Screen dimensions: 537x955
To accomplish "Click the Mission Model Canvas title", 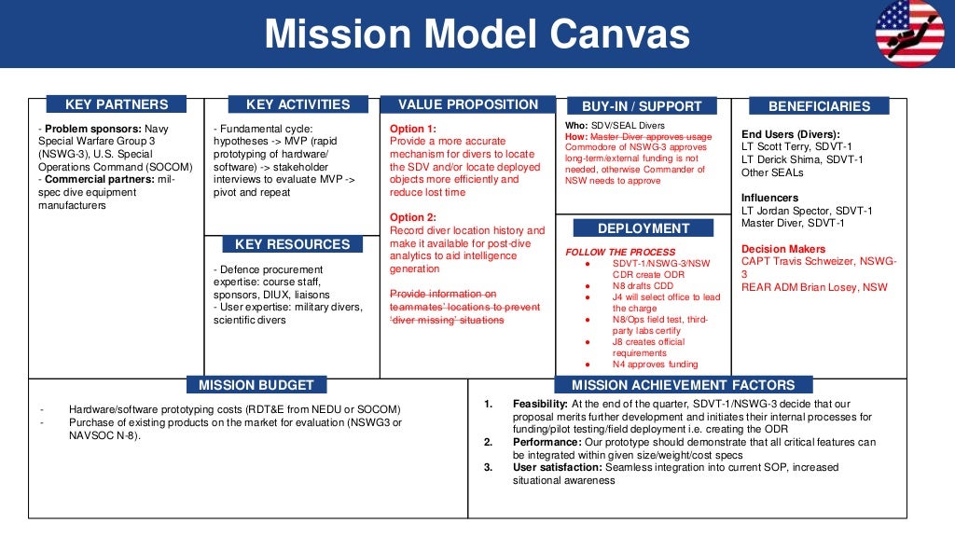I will tap(477, 35).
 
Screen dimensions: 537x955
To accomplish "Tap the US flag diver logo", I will tap(909, 34).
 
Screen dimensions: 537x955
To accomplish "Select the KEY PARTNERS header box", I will tap(117, 104).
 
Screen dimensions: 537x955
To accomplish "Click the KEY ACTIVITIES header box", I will tap(298, 104).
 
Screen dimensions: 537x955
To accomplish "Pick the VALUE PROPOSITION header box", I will tap(468, 104).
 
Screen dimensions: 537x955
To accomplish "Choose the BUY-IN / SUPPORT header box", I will tap(642, 106).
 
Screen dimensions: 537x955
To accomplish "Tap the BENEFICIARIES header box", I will tap(819, 106).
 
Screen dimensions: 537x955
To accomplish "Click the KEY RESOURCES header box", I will tap(292, 244).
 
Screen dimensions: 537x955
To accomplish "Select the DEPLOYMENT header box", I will tap(644, 228).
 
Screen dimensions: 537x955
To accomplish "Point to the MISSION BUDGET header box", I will tap(256, 384).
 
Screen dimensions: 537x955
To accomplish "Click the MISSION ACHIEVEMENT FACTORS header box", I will tap(683, 384).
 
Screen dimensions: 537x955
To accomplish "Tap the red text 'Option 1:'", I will tap(413, 129).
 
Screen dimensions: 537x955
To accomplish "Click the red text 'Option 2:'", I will tap(413, 217).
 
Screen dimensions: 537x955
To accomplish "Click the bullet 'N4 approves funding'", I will tap(655, 365).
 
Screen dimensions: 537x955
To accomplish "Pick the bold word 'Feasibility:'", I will tap(540, 404).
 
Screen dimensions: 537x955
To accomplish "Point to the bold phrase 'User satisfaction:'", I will tap(558, 468).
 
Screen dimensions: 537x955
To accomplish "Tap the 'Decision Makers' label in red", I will tap(783, 249).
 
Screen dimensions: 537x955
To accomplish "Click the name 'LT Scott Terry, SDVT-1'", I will tap(796, 146).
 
